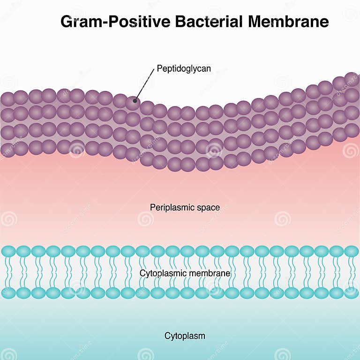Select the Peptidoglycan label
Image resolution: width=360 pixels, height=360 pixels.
pos(184,68)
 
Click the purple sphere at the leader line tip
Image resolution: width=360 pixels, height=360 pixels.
pos(134,100)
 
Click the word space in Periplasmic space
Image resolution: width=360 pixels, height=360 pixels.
pos(209,207)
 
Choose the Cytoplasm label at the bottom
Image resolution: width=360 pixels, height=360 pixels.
pos(185,336)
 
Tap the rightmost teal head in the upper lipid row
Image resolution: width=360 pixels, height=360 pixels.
pos(351,251)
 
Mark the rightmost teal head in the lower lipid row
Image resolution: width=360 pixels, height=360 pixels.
pos(351,293)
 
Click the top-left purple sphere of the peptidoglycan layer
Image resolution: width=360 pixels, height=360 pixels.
pos(7,98)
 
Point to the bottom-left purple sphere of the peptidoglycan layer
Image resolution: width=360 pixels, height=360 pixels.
pos(7,150)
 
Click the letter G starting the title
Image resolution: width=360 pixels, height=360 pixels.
pos(67,22)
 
